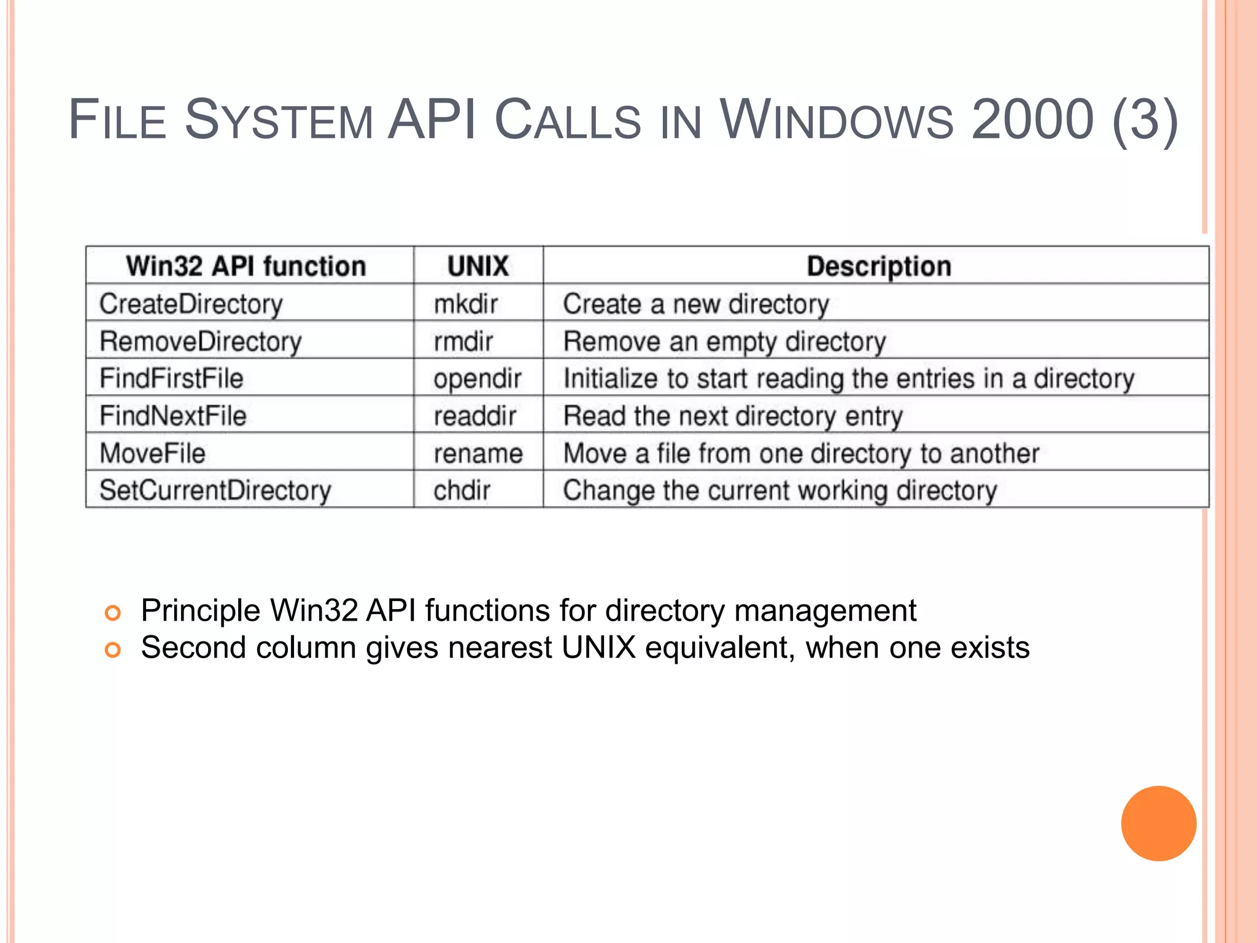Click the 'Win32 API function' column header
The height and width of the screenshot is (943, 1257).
pyautogui.click(x=246, y=266)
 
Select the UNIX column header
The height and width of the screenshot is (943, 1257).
pyautogui.click(x=478, y=266)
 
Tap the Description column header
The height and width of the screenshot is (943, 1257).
pyautogui.click(x=879, y=266)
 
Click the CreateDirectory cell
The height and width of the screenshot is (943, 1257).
pyautogui.click(x=191, y=305)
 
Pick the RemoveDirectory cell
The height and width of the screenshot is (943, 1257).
pyautogui.click(x=201, y=342)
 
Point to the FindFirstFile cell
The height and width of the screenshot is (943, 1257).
pyautogui.click(x=171, y=379)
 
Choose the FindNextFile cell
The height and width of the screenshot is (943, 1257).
pyautogui.click(x=173, y=416)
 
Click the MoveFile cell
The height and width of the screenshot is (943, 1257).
pyautogui.click(x=152, y=454)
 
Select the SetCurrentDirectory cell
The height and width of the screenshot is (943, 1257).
pyautogui.click(x=215, y=491)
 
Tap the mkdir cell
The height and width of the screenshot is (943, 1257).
pyautogui.click(x=466, y=305)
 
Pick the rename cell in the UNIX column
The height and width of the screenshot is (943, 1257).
pyautogui.click(x=478, y=454)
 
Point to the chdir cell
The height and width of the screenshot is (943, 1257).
pyautogui.click(x=462, y=491)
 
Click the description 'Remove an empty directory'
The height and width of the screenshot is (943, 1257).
pyautogui.click(x=724, y=342)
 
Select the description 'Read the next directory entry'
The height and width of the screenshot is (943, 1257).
pyautogui.click(x=733, y=416)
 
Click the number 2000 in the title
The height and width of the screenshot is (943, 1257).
pyautogui.click(x=1032, y=119)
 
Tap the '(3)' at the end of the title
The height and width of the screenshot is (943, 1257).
pyautogui.click(x=1145, y=120)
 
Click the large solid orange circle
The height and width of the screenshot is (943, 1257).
pyautogui.click(x=1158, y=823)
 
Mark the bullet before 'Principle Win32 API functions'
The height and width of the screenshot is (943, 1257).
pyautogui.click(x=113, y=613)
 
